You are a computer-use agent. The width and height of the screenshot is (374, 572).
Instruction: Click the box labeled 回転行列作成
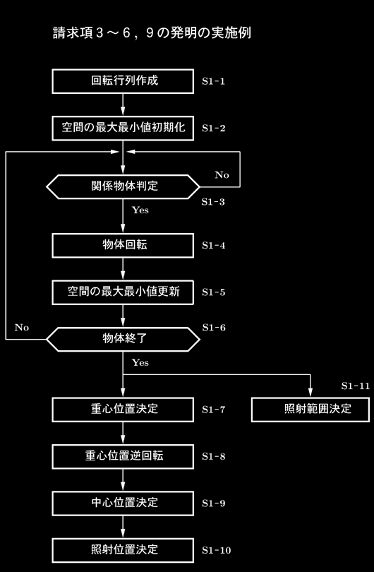point(123,81)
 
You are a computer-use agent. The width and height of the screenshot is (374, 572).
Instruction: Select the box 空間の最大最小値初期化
point(123,128)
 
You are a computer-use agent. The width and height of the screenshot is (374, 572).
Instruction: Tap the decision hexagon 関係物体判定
point(123,186)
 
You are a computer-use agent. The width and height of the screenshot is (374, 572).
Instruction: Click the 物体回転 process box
point(123,246)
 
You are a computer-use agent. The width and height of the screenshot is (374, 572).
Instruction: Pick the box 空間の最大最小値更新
point(123,292)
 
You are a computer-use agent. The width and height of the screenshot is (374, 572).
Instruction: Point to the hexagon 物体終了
point(123,339)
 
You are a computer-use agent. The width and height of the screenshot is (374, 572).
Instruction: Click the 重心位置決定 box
point(123,410)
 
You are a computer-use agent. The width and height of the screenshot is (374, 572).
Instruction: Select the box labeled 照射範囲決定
point(310,410)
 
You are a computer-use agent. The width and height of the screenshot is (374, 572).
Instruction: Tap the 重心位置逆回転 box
point(123,456)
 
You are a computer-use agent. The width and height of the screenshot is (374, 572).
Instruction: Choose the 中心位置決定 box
point(123,504)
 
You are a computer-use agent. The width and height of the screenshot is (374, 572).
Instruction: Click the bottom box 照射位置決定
point(123,550)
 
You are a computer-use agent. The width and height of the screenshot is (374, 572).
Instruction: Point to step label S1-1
point(214,81)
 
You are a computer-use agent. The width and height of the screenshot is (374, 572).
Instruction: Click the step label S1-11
point(356,386)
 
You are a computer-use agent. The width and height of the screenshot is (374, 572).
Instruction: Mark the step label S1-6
point(214,328)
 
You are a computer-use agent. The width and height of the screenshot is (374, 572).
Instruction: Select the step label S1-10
point(217,550)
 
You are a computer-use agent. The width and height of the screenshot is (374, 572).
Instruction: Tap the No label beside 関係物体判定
point(222,175)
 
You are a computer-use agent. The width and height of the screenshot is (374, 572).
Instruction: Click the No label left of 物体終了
point(21,328)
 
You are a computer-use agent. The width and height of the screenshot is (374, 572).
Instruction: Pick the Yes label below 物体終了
point(140,362)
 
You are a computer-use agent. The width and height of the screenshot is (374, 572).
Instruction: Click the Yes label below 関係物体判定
point(140,210)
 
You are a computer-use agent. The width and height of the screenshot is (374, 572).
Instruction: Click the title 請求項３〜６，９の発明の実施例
point(152,33)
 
